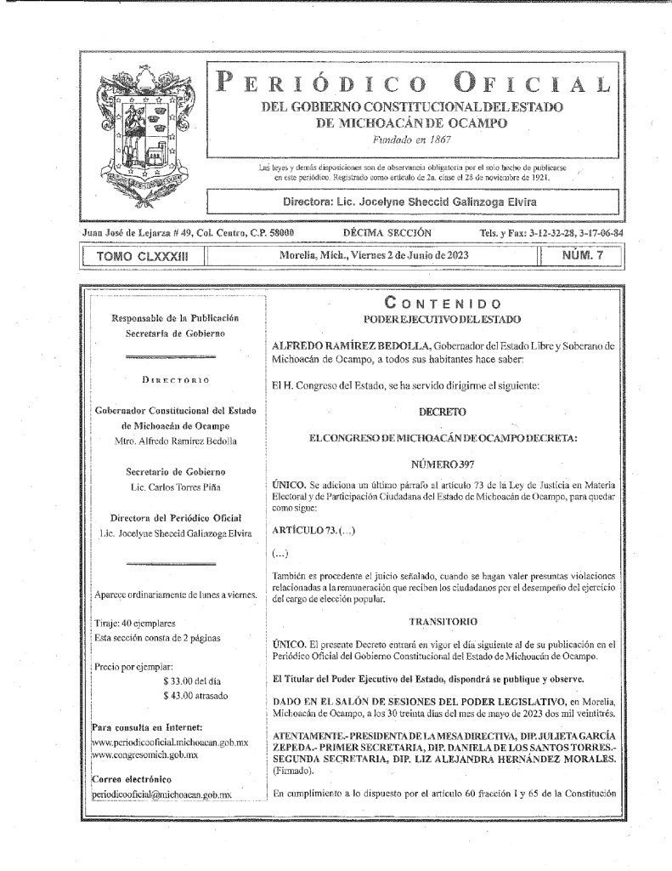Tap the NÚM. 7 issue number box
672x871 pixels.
tap(584, 254)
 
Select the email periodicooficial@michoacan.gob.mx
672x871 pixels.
tap(161, 793)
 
